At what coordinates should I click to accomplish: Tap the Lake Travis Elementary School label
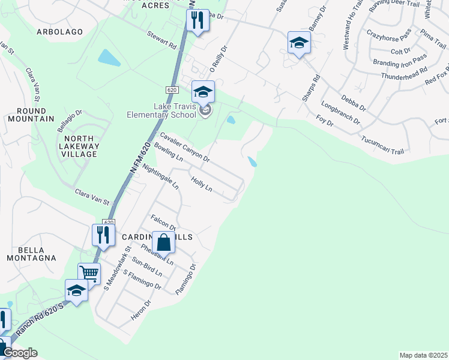tap(162, 110)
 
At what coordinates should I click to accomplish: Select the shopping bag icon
tap(163, 243)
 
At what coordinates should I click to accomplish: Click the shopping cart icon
tap(89, 274)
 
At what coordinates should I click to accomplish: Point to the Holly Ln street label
tap(201, 184)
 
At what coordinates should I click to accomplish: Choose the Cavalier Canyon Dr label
tap(184, 148)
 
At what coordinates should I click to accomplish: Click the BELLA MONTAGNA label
tap(31, 254)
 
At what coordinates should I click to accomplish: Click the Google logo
tap(20, 353)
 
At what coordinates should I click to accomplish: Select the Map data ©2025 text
tap(423, 355)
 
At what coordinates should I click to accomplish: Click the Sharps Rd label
tap(311, 86)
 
